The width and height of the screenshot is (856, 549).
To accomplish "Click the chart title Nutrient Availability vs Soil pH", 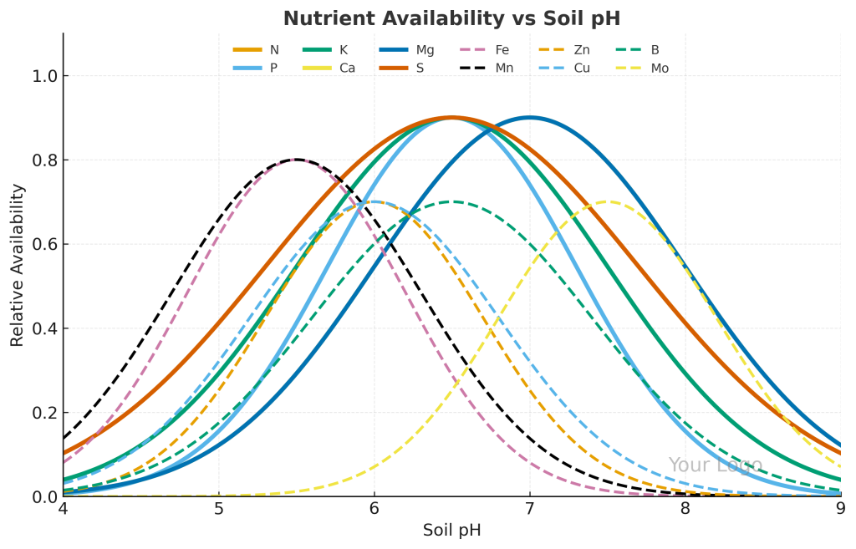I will coord(451,18).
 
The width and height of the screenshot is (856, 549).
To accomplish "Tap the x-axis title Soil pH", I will coord(451,530).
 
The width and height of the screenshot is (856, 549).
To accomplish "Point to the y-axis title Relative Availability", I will coord(18,265).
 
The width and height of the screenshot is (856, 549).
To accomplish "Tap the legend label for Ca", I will coord(347,69).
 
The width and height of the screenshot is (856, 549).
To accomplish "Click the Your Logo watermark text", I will coord(715,465).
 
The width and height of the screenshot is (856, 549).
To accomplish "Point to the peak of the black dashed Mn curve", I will coord(296,160).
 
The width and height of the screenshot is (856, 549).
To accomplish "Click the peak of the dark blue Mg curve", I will coord(529,117).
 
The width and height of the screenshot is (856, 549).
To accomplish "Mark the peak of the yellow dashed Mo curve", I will coord(608,201).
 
